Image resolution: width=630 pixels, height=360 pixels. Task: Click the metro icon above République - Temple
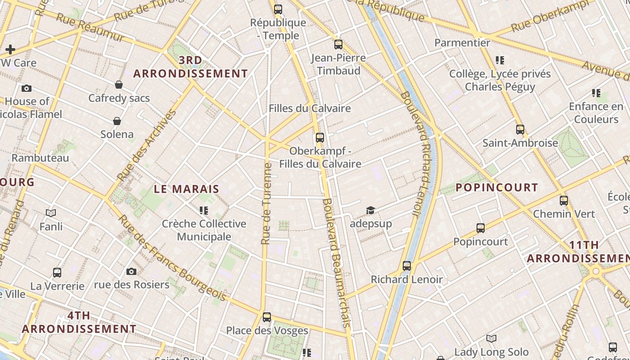click(x=278, y=9)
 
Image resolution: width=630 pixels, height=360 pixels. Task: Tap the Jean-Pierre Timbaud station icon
click(x=338, y=45)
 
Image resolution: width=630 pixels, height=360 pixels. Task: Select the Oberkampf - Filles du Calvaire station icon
click(x=320, y=138)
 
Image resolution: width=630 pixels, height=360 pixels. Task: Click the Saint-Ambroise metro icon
click(x=520, y=130)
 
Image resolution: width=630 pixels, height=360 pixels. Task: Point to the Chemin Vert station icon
click(x=564, y=201)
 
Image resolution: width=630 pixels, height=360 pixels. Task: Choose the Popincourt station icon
click(x=481, y=228)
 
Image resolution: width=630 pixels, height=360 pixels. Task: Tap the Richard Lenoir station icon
click(x=407, y=266)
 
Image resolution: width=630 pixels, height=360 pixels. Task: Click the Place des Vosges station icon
click(x=267, y=317)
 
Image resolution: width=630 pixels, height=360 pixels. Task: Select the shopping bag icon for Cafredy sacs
click(x=119, y=85)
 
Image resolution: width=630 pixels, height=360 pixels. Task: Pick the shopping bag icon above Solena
click(x=117, y=121)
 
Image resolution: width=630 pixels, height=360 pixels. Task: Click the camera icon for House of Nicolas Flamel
click(x=27, y=88)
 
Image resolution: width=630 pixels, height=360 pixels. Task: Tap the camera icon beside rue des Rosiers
click(x=131, y=271)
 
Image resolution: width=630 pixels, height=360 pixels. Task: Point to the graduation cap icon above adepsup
click(x=370, y=210)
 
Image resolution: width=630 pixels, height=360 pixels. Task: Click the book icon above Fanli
click(x=51, y=213)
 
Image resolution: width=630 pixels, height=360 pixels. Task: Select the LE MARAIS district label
click(x=186, y=189)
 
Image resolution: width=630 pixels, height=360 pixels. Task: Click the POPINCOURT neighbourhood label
click(x=497, y=188)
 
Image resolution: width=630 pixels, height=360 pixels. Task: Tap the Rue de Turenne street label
click(x=266, y=203)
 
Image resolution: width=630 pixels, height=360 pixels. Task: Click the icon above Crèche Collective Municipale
click(x=204, y=210)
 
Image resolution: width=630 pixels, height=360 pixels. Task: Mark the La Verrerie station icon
click(x=57, y=273)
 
